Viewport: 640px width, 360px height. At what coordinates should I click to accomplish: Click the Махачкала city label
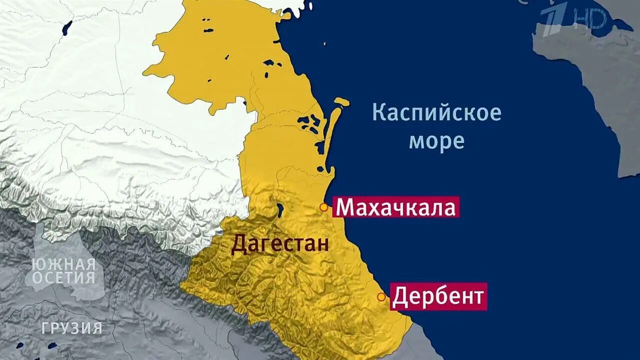395,207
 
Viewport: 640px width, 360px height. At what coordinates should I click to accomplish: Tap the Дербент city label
438,297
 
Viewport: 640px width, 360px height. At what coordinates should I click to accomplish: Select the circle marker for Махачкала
323,207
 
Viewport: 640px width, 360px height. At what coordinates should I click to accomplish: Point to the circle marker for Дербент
381,297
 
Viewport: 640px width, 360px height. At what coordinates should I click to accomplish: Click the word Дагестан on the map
280,245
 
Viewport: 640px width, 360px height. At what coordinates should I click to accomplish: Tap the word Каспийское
436,113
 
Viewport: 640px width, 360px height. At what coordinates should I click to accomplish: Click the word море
436,141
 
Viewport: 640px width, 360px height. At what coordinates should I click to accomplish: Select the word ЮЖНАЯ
63,264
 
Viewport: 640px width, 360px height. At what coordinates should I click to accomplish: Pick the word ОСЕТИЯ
63,278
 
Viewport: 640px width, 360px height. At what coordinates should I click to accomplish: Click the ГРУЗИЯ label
72,328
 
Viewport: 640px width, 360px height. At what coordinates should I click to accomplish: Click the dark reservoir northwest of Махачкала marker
279,208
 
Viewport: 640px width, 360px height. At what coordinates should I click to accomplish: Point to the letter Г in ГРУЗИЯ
45,328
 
